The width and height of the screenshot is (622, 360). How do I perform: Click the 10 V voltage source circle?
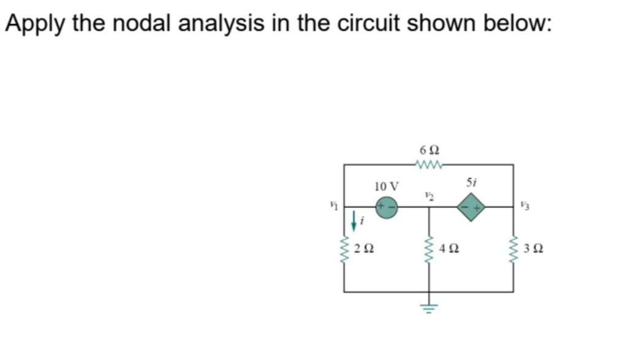(x=387, y=207)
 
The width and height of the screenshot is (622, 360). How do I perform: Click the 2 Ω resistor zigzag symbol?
(x=344, y=249)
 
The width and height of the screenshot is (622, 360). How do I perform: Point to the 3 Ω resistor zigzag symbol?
(x=514, y=250)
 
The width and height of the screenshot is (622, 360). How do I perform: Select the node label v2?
(x=428, y=195)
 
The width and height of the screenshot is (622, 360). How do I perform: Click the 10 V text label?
(x=386, y=186)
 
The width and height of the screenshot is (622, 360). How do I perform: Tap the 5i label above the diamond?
(x=471, y=182)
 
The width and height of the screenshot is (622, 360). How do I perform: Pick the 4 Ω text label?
(x=449, y=250)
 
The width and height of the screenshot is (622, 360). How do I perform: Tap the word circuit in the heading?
(x=364, y=23)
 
